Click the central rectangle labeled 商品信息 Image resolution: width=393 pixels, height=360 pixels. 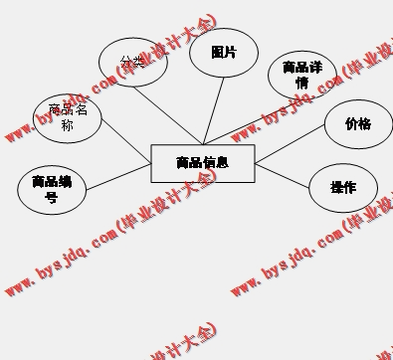[202, 163]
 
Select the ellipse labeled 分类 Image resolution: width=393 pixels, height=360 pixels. [133, 62]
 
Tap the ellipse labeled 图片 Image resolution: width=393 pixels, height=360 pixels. [223, 54]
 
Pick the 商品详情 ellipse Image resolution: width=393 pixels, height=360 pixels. [301, 76]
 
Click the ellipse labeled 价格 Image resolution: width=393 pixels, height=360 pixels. [357, 124]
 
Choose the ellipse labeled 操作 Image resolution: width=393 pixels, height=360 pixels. [342, 187]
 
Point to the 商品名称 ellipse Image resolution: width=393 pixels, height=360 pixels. [68, 117]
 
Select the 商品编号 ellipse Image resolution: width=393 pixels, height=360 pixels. [52, 189]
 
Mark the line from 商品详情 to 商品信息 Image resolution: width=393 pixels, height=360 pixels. [239, 123]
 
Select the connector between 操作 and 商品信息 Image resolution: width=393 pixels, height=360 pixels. [283, 173]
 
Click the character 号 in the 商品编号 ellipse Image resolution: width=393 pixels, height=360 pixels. [52, 197]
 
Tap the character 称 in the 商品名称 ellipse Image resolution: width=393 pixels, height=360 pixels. [67, 125]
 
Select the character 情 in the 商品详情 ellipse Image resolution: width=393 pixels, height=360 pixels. [301, 84]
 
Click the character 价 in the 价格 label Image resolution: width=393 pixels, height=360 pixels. [351, 124]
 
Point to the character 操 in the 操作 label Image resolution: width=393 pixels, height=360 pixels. [336, 187]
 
